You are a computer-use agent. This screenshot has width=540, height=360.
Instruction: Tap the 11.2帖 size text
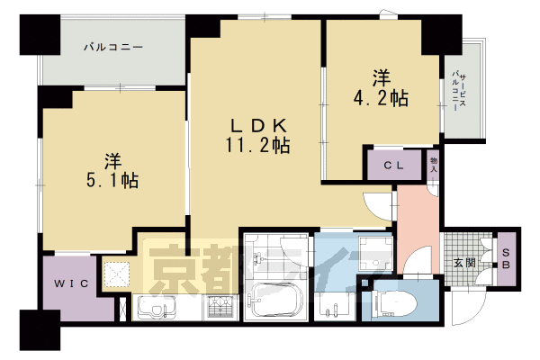[257, 143]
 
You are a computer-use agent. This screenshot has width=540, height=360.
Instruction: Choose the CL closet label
[393, 165]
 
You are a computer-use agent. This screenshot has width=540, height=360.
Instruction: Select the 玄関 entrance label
[464, 263]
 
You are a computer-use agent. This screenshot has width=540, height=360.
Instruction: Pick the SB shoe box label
[506, 259]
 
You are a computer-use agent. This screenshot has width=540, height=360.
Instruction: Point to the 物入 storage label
[434, 163]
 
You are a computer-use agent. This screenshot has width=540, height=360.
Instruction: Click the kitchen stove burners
[220, 307]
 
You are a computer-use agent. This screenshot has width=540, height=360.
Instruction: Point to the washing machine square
[371, 251]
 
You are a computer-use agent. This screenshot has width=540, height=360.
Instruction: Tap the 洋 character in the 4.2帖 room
[381, 75]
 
